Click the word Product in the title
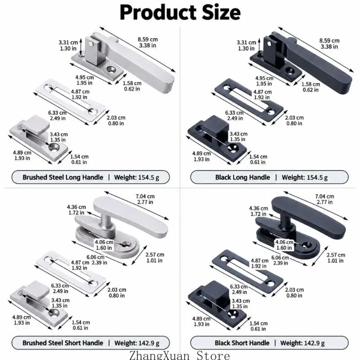pyautogui.click(x=158, y=13)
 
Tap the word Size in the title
pyautogui.click(x=221, y=13)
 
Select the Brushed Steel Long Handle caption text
pyautogui.click(x=63, y=177)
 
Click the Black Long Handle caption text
pyautogui.click(x=243, y=177)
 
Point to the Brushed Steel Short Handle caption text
pyautogui.click(x=63, y=343)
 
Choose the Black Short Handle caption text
pyautogui.click(x=242, y=343)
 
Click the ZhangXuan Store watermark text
pyautogui.click(x=180, y=355)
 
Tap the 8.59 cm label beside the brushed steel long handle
pyautogui.click(x=148, y=40)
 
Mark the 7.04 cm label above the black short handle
pyautogui.click(x=324, y=196)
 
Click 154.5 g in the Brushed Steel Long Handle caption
pyautogui.click(x=148, y=177)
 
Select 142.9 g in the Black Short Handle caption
pyautogui.click(x=314, y=343)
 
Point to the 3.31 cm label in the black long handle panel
pyautogui.click(x=246, y=42)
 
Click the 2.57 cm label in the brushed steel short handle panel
pyautogui.click(x=155, y=255)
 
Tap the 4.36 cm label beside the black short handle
pyautogui.click(x=258, y=208)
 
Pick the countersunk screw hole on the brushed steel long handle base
pyautogui.click(x=111, y=69)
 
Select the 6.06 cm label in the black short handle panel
pyautogui.click(x=280, y=257)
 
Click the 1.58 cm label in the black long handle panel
pyautogui.click(x=310, y=84)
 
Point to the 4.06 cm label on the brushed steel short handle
pyautogui.click(x=104, y=242)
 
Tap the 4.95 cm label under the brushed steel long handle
pyautogui.click(x=85, y=77)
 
